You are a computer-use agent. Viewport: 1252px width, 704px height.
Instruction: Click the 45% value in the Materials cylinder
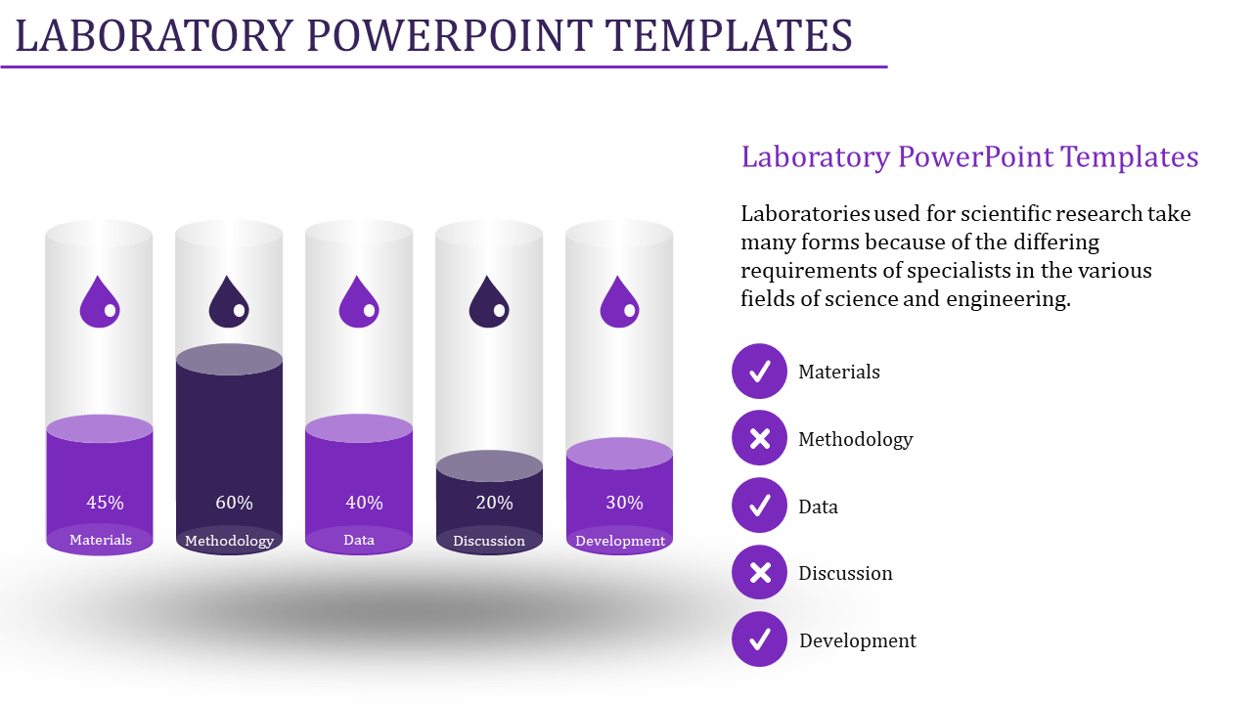coord(105,503)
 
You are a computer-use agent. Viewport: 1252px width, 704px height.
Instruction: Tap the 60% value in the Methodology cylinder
coord(234,503)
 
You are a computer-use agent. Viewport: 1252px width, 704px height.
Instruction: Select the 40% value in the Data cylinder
coord(364,503)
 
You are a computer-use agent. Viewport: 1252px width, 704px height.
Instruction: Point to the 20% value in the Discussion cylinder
coord(494,503)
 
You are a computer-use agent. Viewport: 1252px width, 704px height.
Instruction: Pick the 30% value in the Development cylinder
coord(624,503)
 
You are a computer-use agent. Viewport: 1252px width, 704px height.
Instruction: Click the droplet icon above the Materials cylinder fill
coord(100,302)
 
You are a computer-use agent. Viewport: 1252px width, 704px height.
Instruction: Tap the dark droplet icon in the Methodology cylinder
coord(229,302)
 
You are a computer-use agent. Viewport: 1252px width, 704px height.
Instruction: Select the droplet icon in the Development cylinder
coord(619,302)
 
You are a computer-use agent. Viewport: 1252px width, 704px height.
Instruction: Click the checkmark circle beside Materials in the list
coord(759,371)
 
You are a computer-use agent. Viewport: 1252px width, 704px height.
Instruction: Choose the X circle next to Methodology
coord(759,438)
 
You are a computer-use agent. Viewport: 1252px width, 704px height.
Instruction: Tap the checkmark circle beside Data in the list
coord(759,506)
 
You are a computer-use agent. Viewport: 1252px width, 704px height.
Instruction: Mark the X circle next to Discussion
coord(759,572)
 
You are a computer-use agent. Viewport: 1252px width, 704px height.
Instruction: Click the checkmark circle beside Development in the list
coord(759,639)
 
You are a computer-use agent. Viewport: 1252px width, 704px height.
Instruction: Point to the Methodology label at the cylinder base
coord(229,541)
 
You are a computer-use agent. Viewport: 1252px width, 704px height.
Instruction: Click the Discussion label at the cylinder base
coord(489,541)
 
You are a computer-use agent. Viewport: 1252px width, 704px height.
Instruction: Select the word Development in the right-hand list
coord(858,640)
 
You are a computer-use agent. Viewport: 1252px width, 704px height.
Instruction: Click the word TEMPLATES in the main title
coord(729,36)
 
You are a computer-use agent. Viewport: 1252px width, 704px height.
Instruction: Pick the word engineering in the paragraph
coord(1008,299)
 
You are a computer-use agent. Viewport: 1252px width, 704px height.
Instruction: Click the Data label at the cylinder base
coord(359,540)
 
